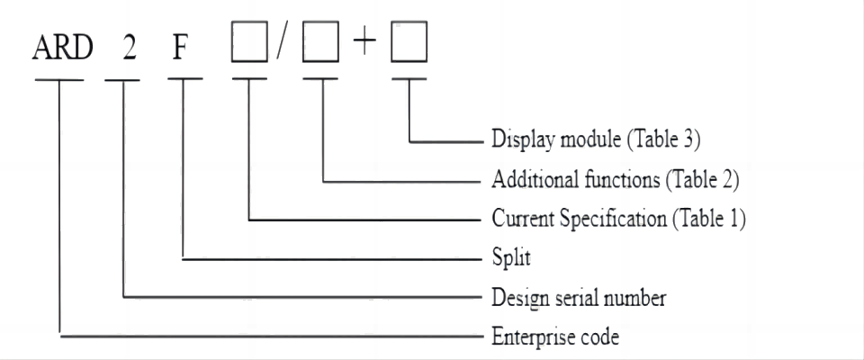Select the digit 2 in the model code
pyautogui.click(x=130, y=47)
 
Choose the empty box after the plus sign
pyautogui.click(x=407, y=47)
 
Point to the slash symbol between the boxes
pyautogui.click(x=281, y=47)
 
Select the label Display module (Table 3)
pyautogui.click(x=597, y=141)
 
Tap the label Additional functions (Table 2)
pyautogui.click(x=616, y=180)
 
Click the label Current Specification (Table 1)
pyautogui.click(x=619, y=219)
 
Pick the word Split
pyautogui.click(x=512, y=258)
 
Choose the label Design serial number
pyautogui.click(x=579, y=298)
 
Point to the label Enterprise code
pyautogui.click(x=555, y=337)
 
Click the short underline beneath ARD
pyautogui.click(x=60, y=79)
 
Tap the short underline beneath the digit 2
pyautogui.click(x=123, y=79)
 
